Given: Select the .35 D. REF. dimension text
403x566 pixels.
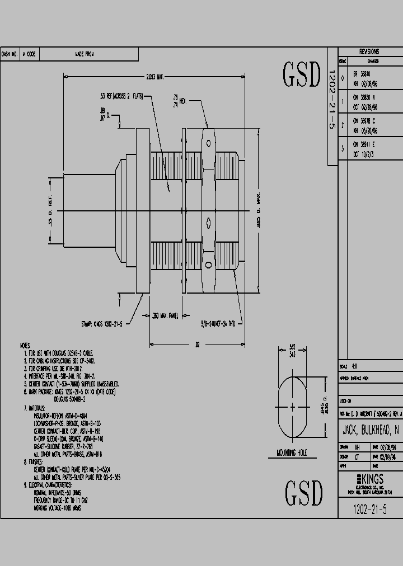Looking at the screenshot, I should tap(50, 211).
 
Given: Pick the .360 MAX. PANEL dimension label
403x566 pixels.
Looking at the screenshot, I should tap(165, 316).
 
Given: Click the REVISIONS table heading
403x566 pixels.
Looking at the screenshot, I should tap(369, 50).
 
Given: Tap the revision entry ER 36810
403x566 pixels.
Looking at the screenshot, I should tap(361, 73).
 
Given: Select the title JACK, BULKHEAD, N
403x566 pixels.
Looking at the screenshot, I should tap(370, 430).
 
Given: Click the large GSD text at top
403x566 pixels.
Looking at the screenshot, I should tap(302, 75).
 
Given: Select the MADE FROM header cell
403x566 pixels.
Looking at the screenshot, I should tap(85, 54).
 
